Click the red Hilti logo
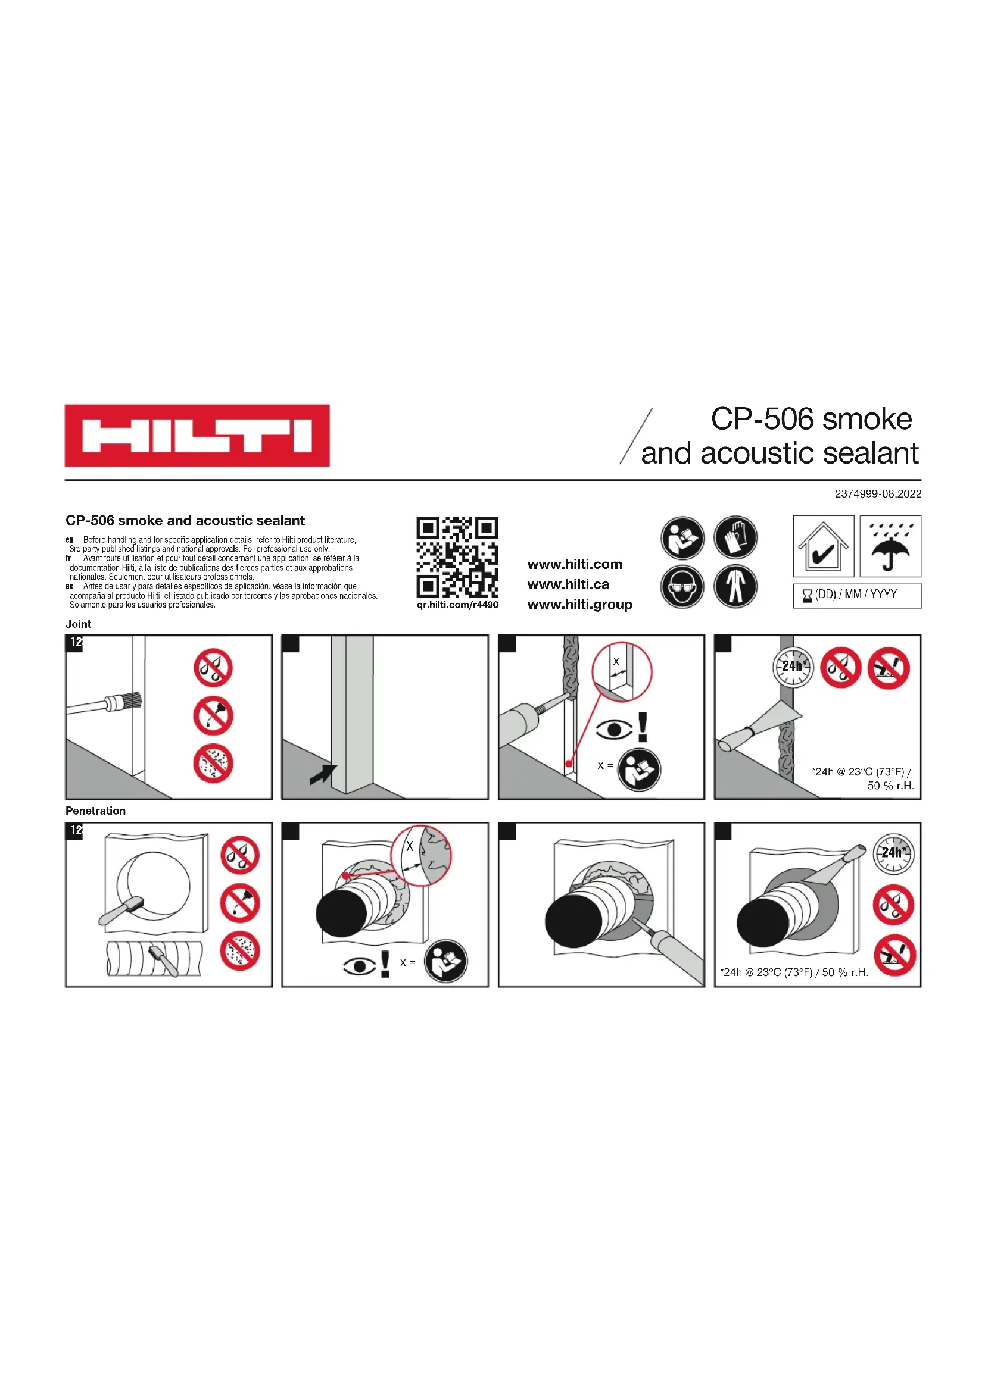(197, 435)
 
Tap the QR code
(457, 557)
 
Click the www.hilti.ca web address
(568, 584)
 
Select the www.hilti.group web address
(580, 605)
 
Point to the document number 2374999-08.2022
(878, 493)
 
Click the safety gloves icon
(735, 538)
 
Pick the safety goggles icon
(682, 586)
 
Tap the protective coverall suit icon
(735, 586)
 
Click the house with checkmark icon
(824, 546)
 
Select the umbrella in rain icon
(890, 546)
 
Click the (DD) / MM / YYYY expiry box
(857, 595)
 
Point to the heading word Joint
(78, 624)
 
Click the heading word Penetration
(95, 811)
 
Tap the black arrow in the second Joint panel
(323, 774)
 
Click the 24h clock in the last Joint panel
(793, 667)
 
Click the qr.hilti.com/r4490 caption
(457, 605)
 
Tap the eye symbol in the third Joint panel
(614, 730)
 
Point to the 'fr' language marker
(68, 558)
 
